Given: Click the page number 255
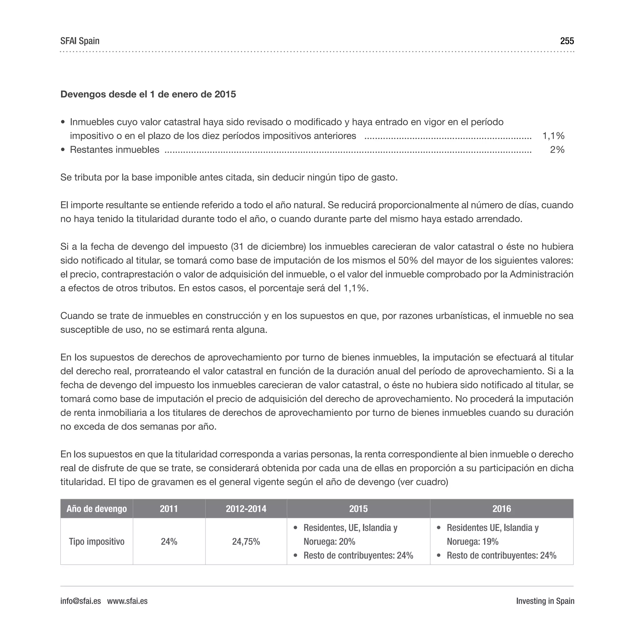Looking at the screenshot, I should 567,41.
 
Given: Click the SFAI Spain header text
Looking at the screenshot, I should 80,41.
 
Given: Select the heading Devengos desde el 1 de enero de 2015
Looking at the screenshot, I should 148,94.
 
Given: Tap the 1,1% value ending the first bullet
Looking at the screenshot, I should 553,136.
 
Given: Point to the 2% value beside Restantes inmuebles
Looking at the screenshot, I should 557,150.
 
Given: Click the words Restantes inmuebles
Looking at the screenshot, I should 115,150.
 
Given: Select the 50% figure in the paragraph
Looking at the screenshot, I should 408,260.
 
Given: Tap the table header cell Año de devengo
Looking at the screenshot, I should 97,509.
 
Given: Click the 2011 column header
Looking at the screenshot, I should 169,509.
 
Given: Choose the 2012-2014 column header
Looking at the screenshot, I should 246,509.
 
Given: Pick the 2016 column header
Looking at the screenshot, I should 502,509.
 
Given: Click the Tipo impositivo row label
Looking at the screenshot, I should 97,541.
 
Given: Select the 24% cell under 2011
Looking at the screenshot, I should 169,541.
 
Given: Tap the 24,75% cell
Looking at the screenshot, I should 246,541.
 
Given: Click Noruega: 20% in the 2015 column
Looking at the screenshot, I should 329,541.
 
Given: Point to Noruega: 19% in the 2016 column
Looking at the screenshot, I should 472,541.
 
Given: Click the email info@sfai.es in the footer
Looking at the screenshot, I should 80,601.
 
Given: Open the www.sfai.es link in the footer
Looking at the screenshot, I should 127,601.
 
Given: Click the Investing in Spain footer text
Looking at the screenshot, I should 545,601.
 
